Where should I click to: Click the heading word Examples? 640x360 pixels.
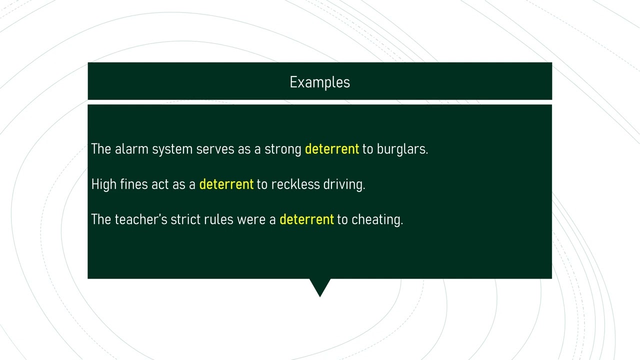(x=319, y=82)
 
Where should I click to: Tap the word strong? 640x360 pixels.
(x=282, y=149)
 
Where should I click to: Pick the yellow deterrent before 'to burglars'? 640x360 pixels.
(x=331, y=149)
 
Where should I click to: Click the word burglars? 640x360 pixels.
(x=401, y=149)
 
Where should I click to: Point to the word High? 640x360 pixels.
(x=103, y=184)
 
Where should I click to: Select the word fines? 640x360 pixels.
(x=134, y=184)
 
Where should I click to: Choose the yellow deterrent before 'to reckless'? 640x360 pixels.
(x=226, y=184)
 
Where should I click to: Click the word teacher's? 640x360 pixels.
(x=140, y=219)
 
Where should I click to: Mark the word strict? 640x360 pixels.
(x=185, y=219)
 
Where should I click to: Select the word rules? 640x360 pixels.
(x=218, y=219)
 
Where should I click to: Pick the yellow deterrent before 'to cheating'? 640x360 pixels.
(x=306, y=219)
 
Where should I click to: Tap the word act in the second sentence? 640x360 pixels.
(x=160, y=184)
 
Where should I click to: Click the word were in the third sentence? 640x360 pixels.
(x=251, y=219)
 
